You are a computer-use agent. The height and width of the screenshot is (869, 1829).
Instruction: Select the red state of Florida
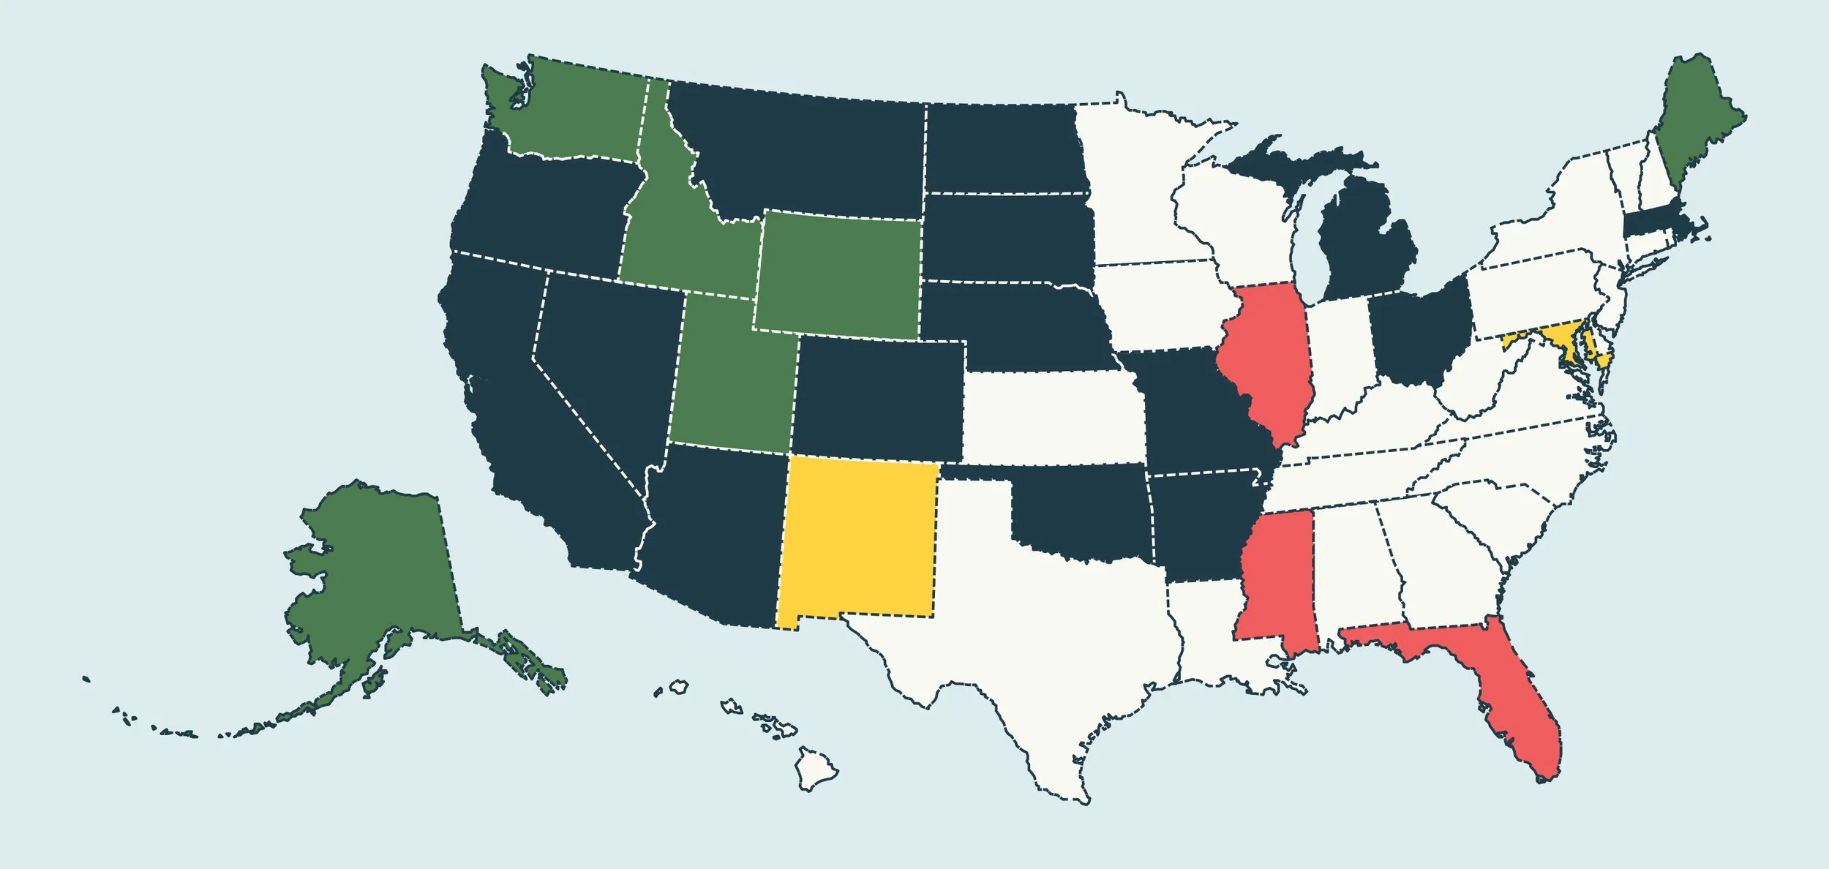coord(1522,702)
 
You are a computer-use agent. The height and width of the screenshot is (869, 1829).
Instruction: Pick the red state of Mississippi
coord(1277,578)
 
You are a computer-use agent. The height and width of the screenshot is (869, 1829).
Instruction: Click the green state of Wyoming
coord(838,274)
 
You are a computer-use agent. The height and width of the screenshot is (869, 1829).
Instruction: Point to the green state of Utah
coord(732,380)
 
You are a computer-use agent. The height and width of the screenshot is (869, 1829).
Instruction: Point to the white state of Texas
coord(1046,629)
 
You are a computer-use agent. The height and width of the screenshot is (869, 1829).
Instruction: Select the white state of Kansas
coord(1054,417)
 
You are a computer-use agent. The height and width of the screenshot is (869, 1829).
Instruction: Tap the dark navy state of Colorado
coord(878,399)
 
